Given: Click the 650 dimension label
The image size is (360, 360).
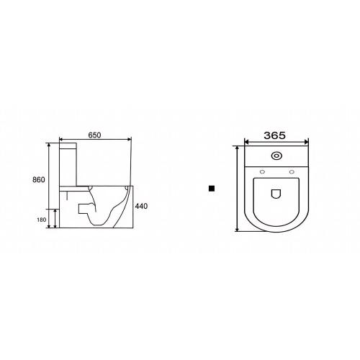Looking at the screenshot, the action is coord(94,135).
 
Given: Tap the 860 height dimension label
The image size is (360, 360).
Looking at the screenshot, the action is coord(39,179).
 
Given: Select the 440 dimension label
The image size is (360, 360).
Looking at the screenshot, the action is coord(141,206).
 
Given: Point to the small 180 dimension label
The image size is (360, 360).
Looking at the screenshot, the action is coord(41,220).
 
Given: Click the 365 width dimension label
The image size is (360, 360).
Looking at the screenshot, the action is coord(275,135).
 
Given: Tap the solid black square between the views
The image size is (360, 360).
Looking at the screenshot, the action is coord(212,189).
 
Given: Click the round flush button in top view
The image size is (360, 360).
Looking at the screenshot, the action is coord(276,156).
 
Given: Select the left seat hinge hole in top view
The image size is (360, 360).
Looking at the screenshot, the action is coord(262,171).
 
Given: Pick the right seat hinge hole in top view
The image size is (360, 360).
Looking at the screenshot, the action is coord(292,171).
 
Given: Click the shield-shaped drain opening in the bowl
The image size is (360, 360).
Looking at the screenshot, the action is coord(276,194).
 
